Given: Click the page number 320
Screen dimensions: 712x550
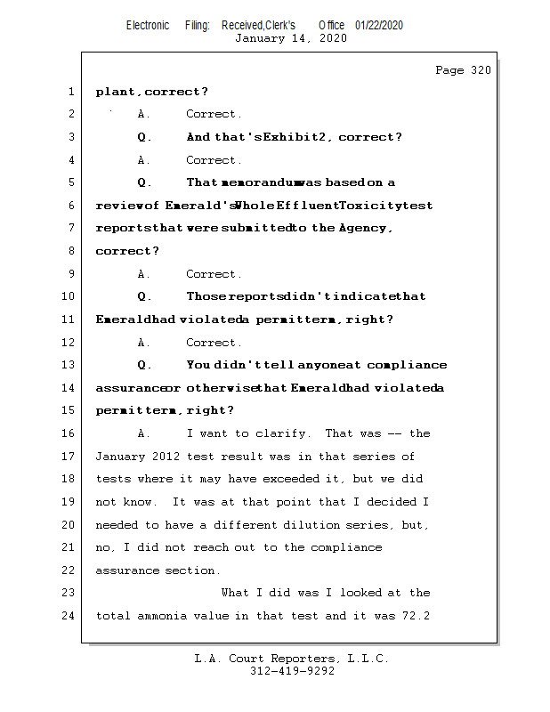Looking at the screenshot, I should [x=480, y=70].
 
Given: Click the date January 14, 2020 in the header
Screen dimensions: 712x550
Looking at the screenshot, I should [x=291, y=38].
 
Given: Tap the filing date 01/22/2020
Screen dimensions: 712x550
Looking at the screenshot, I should [x=379, y=25].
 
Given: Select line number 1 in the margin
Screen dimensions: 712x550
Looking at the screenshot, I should [x=70, y=92].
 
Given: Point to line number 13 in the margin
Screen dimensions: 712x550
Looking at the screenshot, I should [x=68, y=365].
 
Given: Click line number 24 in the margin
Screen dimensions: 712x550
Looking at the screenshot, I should [x=68, y=615].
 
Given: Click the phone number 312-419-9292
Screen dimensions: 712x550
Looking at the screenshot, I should [x=292, y=672].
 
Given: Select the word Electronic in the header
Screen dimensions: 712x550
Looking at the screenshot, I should [x=148, y=25].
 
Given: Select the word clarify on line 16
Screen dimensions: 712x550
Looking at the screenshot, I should [x=284, y=433].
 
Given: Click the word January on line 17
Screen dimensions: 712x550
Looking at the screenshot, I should [x=122, y=457].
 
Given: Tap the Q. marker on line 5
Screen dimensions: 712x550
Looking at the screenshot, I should [x=145, y=182].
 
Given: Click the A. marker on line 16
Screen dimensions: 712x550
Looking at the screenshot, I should [x=144, y=433].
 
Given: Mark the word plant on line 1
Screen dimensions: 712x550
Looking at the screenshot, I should [x=116, y=92].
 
